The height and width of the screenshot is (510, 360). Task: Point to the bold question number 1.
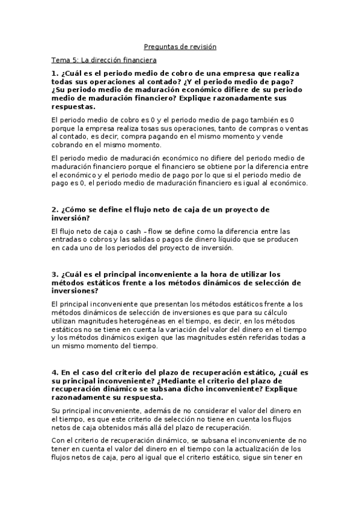(x=54, y=73)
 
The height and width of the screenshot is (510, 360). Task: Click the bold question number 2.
(x=54, y=209)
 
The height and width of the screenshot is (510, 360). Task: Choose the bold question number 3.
(x=54, y=274)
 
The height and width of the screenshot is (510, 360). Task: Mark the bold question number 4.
(x=54, y=373)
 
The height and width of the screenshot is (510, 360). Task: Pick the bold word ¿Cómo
(x=76, y=209)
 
